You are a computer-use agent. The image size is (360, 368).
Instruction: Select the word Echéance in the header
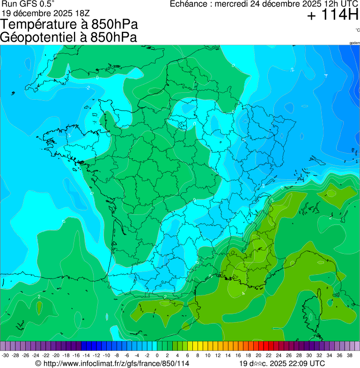coord(187,4)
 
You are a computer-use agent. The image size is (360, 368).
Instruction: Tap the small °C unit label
coord(357,30)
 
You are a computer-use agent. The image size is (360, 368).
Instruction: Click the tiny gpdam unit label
coord(354,43)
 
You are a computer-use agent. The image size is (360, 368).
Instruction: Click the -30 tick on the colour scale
coord(5,355)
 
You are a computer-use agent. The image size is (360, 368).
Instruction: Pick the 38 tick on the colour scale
coord(349,355)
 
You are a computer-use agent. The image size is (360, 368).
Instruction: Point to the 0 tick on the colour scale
coord(157,355)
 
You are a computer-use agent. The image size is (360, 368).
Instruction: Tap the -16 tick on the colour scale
coord(76,355)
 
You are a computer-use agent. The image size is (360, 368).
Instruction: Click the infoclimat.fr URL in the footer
coord(117,363)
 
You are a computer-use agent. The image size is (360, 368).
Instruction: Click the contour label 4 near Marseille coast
coord(243,294)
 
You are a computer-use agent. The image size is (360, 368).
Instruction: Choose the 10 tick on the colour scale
coord(207,355)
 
